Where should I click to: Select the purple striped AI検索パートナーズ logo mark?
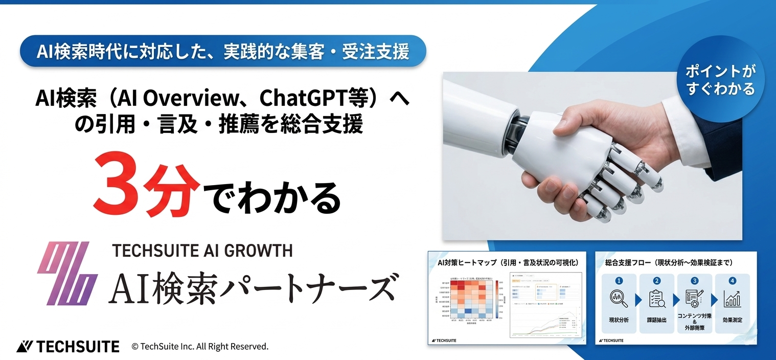(67, 273)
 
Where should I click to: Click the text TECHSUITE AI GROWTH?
(202, 250)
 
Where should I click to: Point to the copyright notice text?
(200, 346)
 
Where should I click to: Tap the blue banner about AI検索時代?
(223, 51)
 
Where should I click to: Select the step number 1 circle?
(619, 280)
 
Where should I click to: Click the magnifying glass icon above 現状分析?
(619, 299)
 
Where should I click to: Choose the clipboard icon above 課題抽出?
(656, 299)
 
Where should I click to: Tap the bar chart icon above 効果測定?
(732, 299)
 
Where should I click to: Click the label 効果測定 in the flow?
(732, 320)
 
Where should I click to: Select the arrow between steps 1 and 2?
(638, 300)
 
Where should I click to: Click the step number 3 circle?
(694, 280)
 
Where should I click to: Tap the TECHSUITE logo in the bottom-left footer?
(68, 346)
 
